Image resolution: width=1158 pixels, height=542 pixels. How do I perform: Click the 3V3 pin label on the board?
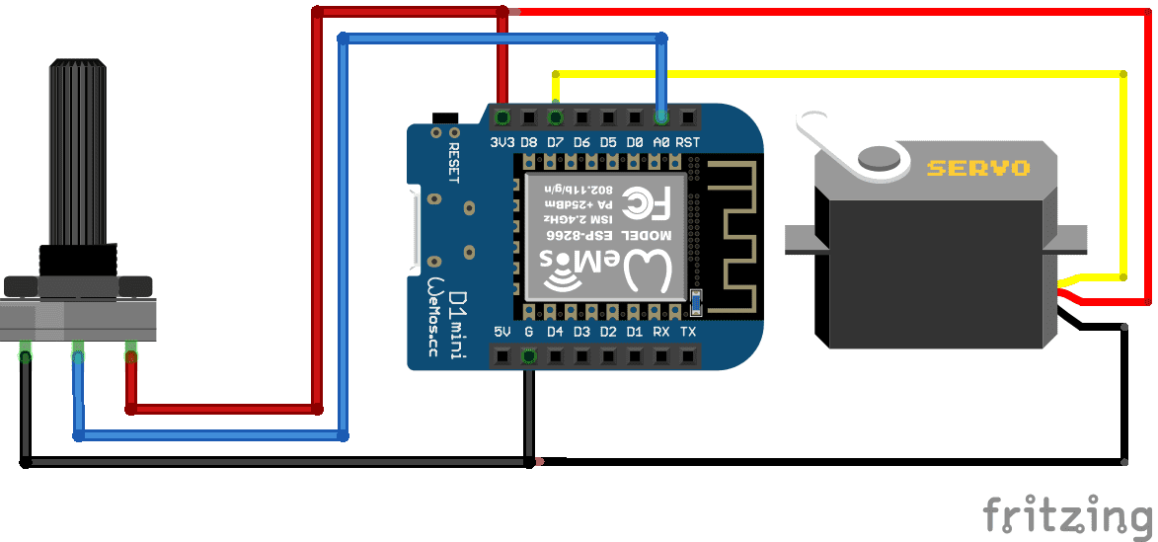502,142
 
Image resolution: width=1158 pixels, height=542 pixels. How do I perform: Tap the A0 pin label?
661,142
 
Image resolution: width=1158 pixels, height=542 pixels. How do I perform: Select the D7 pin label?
555,142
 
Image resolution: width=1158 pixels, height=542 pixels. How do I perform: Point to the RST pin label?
688,142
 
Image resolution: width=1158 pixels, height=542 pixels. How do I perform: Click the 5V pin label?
502,332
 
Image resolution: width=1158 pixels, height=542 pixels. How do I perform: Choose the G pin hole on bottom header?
528,355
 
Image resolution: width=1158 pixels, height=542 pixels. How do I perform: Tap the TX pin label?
688,332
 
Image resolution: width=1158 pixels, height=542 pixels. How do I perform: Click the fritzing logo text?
1067,514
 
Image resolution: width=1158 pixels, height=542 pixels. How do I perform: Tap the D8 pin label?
529,142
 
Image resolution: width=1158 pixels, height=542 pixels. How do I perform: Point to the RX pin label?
661,332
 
